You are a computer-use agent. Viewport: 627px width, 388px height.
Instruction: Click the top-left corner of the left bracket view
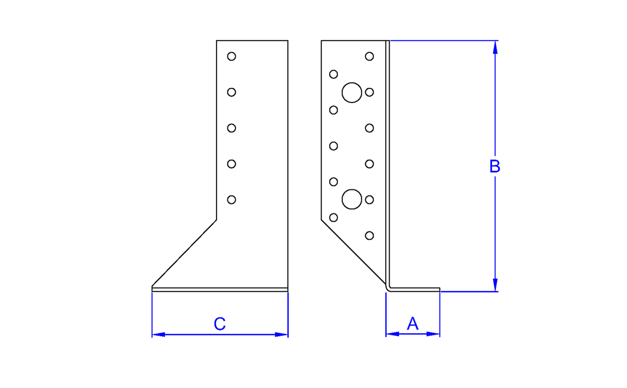coord(217,41)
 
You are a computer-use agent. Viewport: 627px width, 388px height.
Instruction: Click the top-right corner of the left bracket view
coord(288,41)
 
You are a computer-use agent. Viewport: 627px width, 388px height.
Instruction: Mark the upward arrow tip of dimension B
coord(495,41)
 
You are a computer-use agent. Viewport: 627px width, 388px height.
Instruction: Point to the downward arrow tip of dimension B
coord(495,291)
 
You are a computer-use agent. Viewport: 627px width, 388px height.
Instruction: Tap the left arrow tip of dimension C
coord(152,335)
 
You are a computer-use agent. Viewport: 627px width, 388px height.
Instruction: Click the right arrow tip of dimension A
coord(439,334)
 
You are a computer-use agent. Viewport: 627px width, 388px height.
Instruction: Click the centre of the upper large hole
coord(352,93)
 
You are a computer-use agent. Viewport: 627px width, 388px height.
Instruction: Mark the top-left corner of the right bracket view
coord(321,41)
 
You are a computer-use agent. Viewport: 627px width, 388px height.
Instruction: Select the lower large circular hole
coord(352,199)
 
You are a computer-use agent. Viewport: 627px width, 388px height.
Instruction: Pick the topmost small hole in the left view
coord(231,56)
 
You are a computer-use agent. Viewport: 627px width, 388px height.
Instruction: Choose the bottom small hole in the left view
coord(231,200)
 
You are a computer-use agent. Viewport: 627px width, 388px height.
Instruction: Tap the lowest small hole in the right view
coord(369,236)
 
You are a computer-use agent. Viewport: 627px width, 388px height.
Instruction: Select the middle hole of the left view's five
coord(231,128)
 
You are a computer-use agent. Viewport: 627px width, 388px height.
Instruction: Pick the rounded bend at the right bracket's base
coord(388,288)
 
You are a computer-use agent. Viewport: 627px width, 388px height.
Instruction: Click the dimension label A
coord(413,323)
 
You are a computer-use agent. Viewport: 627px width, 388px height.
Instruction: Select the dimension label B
coord(495,166)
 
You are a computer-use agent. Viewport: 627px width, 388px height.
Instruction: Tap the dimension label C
coord(220,324)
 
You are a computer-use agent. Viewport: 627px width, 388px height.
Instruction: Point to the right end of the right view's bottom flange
coord(439,290)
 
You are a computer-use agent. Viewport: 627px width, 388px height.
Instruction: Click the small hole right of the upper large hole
coord(369,92)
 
